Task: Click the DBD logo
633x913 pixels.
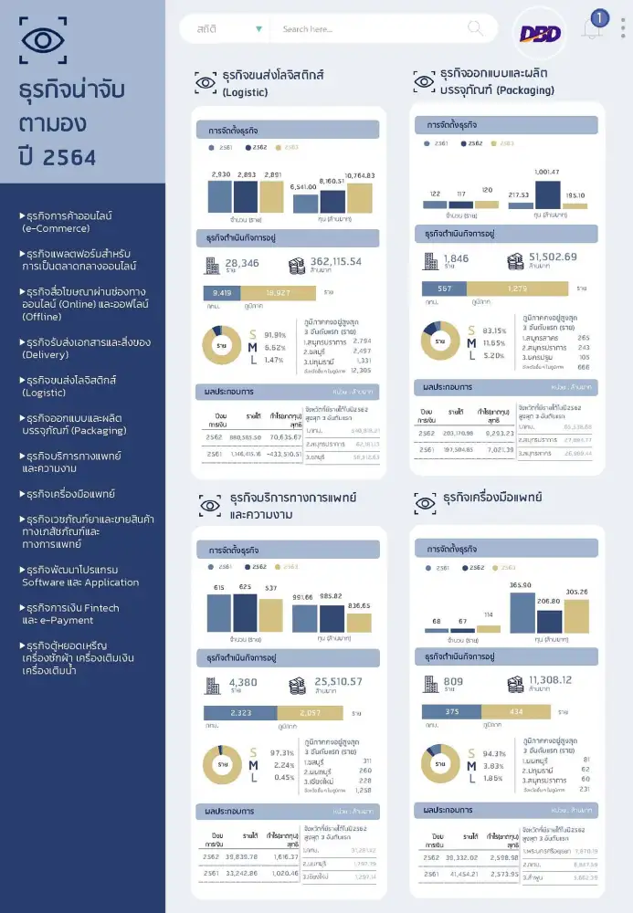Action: [540, 33]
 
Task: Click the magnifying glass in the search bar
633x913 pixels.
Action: [475, 28]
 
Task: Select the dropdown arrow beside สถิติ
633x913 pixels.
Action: [259, 29]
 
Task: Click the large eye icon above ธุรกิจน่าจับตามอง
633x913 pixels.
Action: [42, 39]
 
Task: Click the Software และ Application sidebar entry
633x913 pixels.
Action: [79, 575]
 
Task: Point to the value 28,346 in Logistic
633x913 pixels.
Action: [242, 264]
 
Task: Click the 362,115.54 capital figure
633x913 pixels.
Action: [335, 261]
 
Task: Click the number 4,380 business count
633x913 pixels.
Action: [244, 682]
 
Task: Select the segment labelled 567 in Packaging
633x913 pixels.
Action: [445, 289]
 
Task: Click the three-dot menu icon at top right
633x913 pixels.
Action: [623, 27]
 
